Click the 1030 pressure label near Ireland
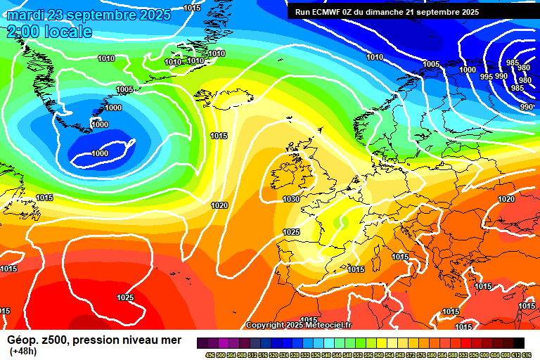[x=291, y=200]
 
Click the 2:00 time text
[x=22, y=32]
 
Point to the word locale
[x=67, y=32]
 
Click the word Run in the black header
[x=302, y=12]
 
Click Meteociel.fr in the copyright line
[x=331, y=325]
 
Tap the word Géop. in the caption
[x=24, y=340]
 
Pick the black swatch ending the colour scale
[x=518, y=342]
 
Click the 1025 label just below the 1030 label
[x=291, y=232]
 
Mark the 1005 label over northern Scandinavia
[x=431, y=64]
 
